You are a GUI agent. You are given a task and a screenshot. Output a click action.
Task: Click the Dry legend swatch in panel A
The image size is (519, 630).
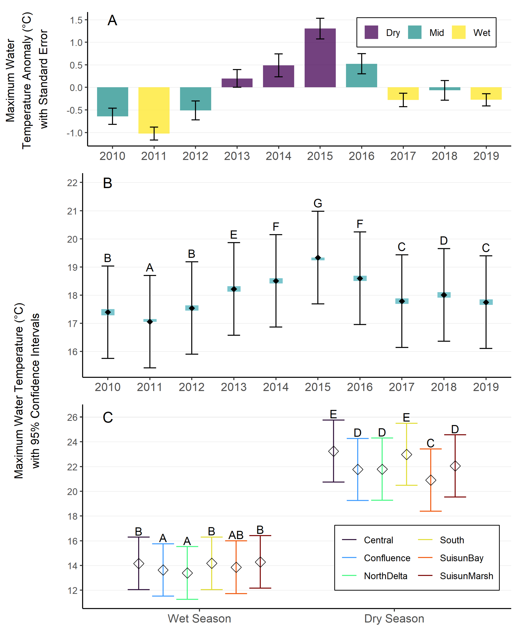pos(371,32)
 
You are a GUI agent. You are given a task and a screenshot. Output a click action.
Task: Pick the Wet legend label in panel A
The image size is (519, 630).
pos(482,33)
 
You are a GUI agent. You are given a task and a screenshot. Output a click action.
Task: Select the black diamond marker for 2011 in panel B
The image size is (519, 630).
pos(150,322)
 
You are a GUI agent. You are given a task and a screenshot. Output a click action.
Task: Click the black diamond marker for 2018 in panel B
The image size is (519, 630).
pos(444,295)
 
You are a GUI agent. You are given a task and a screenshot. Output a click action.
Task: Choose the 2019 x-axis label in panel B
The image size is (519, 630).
pos(486,387)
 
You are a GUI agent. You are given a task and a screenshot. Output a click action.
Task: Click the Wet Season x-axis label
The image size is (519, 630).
pos(199,618)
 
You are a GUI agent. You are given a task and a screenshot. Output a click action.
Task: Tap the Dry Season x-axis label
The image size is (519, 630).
pos(394,618)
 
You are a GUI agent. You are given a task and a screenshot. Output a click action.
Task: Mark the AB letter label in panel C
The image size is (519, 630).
pos(236,535)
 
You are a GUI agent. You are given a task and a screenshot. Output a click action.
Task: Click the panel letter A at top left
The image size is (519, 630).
pos(112,20)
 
